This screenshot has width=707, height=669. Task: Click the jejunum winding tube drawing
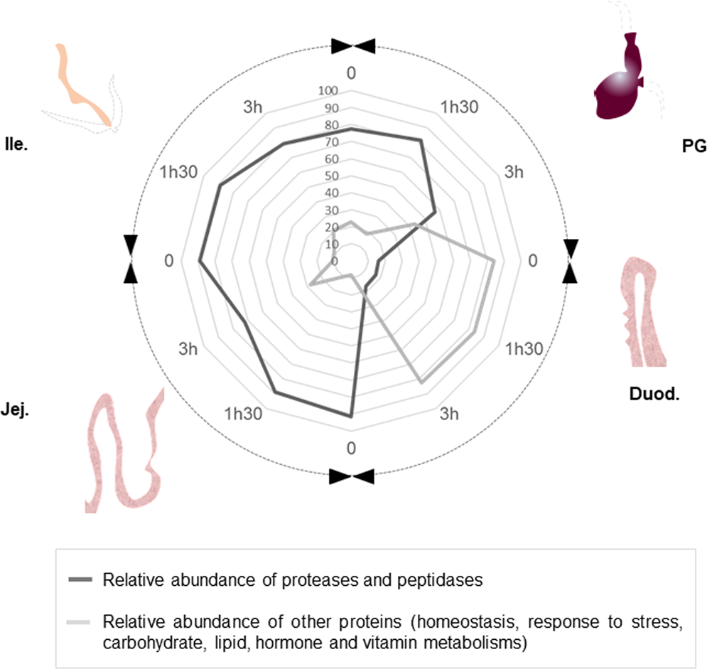point(121,451)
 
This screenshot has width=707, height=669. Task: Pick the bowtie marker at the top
point(352,46)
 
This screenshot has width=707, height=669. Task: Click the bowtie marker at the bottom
point(352,477)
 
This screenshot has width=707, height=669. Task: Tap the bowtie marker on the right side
point(571,261)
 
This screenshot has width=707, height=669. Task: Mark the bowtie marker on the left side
point(130,259)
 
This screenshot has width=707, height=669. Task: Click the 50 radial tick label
point(331,176)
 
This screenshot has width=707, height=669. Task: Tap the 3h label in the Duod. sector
point(448,415)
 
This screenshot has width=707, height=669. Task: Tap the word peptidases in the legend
point(442,580)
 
